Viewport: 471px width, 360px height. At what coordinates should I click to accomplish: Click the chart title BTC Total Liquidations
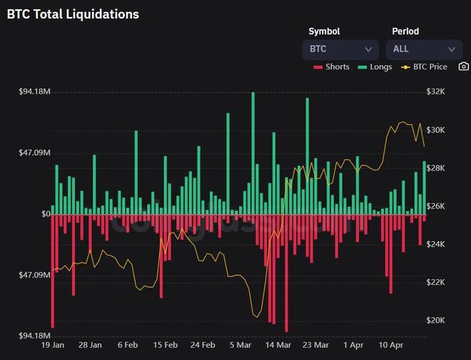pos(73,14)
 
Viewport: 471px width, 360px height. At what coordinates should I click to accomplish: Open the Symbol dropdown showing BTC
pos(340,49)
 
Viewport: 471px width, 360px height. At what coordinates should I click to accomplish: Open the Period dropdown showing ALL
pos(423,49)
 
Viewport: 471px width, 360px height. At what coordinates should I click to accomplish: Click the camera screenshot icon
pos(463,66)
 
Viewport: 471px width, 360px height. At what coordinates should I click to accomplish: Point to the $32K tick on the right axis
pos(435,92)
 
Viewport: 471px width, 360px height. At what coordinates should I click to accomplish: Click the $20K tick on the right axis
pos(435,320)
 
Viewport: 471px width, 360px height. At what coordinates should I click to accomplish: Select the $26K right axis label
pos(435,206)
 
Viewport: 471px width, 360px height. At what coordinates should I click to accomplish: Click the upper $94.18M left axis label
pos(34,92)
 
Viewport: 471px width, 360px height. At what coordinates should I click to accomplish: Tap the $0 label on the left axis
pos(45,214)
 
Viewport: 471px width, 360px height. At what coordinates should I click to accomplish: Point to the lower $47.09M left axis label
pos(34,275)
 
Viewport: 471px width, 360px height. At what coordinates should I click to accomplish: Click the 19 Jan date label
pos(53,345)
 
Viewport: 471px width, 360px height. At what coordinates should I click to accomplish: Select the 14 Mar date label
pos(278,345)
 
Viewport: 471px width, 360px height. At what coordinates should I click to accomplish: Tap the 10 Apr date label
pos(391,345)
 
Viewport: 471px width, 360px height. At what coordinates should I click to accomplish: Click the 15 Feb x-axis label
pos(166,345)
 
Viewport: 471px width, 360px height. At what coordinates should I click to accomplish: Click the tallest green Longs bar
pos(253,153)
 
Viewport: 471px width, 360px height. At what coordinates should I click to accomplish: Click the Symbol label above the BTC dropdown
pos(323,31)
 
